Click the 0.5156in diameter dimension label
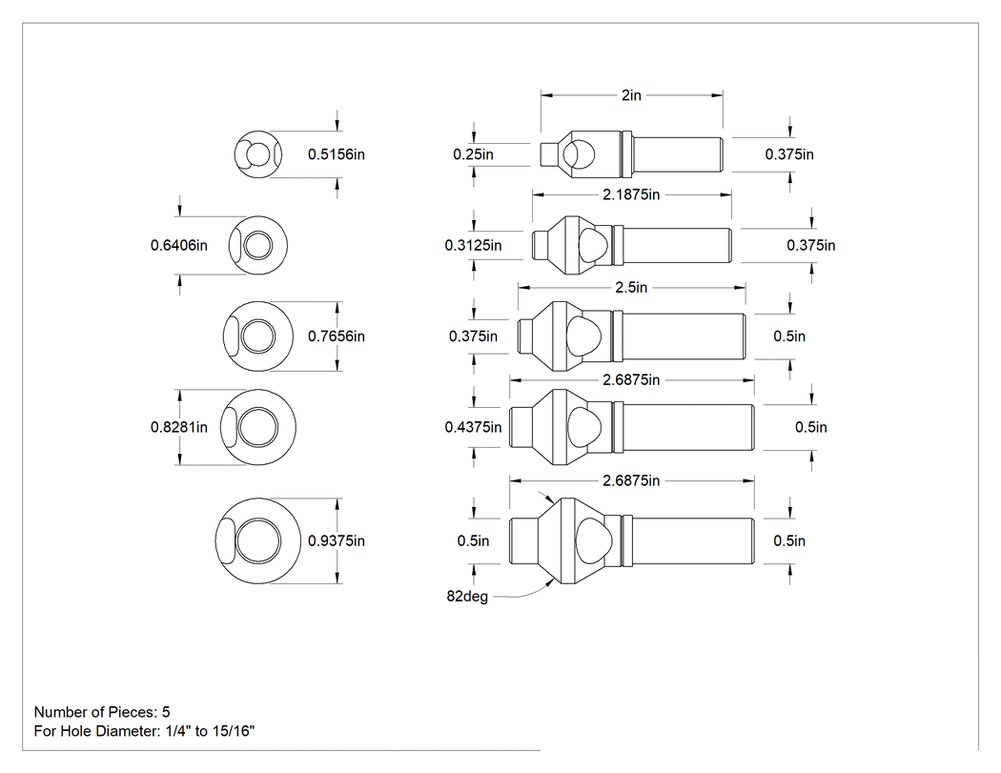(337, 154)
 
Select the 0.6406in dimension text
(179, 245)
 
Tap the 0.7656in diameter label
(337, 336)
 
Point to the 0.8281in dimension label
(179, 427)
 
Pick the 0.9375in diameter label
(337, 540)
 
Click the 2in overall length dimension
(631, 95)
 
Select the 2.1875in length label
(631, 194)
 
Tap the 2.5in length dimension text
(631, 288)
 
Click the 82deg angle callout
(467, 597)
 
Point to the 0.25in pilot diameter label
(473, 154)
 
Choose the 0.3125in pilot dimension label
(473, 245)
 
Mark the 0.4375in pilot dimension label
(473, 427)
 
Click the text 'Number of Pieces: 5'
(102, 712)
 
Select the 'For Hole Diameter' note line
(144, 731)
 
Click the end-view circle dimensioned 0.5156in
(258, 154)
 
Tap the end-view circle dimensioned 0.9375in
(258, 540)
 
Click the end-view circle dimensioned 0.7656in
(258, 336)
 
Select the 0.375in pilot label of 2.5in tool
(473, 336)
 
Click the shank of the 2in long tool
(677, 154)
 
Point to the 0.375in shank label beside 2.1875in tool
(810, 245)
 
